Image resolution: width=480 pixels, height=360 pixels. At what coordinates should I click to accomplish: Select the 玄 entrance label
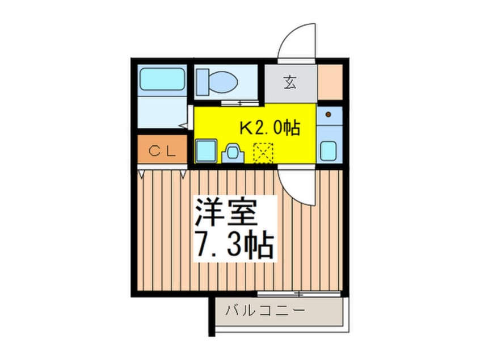point(290,83)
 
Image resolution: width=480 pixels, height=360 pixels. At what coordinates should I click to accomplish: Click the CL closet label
point(161,150)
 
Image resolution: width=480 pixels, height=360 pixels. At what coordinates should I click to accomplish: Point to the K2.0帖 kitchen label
point(269,128)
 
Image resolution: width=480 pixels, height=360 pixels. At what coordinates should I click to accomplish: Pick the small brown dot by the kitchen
point(329,114)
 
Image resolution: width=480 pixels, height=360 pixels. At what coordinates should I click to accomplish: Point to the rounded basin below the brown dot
point(329,151)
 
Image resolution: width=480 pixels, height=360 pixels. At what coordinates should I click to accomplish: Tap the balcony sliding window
point(298,294)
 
